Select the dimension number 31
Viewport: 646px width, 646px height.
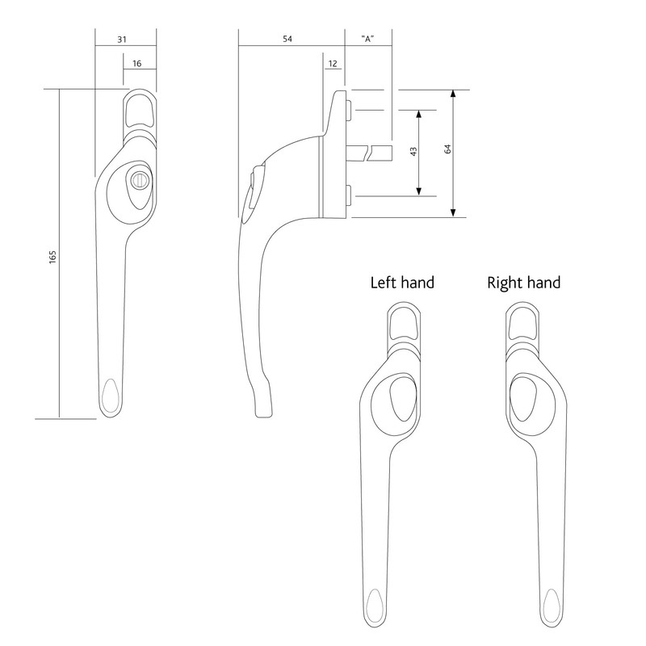click(122, 38)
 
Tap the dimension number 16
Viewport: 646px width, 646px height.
click(136, 62)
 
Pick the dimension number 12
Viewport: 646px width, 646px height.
click(333, 62)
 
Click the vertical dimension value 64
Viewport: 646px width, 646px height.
click(447, 153)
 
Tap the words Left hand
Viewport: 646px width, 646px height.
click(402, 283)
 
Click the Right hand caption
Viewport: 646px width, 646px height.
click(523, 283)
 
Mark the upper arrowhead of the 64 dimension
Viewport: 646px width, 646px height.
click(454, 94)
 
